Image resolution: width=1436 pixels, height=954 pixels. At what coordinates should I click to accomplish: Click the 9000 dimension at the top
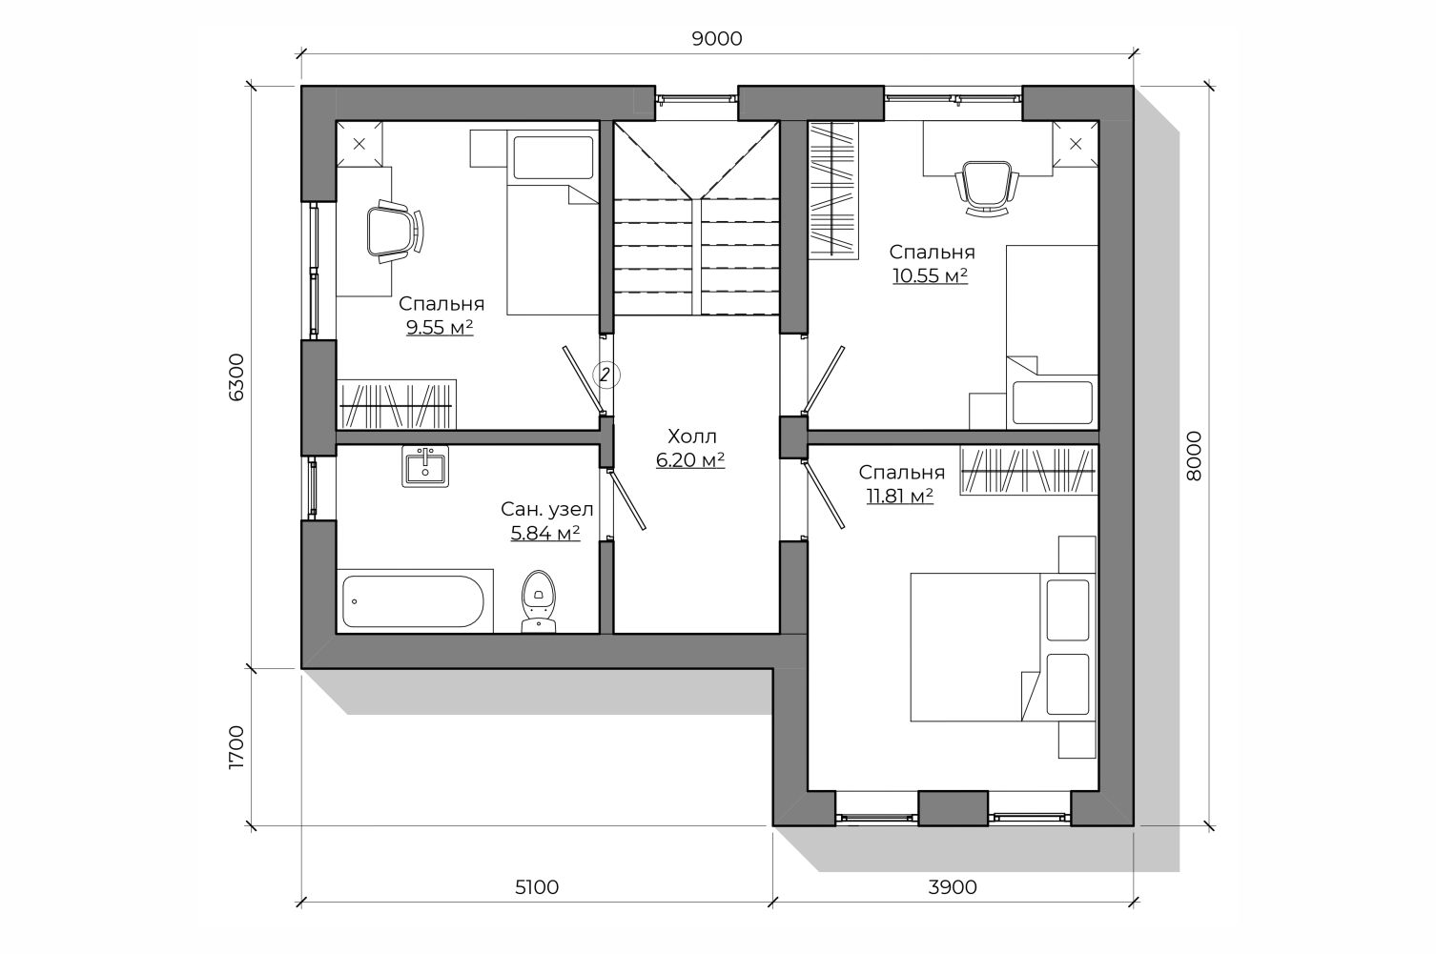pyautogui.click(x=717, y=39)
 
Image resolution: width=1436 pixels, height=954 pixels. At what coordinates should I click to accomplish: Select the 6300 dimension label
pyautogui.click(x=236, y=377)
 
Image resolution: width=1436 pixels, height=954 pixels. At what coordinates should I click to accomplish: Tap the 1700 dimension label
pyautogui.click(x=236, y=747)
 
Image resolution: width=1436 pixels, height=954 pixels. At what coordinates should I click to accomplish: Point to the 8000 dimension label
pyautogui.click(x=1194, y=456)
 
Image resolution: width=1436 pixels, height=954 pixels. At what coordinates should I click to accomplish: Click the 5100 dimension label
pyautogui.click(x=537, y=886)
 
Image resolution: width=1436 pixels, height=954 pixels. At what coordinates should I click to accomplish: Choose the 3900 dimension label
pyautogui.click(x=953, y=886)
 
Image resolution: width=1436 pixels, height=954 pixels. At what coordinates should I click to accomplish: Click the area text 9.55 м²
pyautogui.click(x=440, y=328)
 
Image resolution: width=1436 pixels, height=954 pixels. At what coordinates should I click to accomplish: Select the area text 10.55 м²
pyautogui.click(x=931, y=275)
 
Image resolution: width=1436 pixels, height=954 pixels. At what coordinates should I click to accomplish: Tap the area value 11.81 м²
pyautogui.click(x=900, y=496)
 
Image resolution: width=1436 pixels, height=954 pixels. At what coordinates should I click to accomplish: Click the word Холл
pyautogui.click(x=691, y=436)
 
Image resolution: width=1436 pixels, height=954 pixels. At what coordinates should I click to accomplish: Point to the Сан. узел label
pyautogui.click(x=546, y=510)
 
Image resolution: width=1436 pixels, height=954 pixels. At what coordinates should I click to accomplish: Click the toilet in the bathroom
pyautogui.click(x=539, y=601)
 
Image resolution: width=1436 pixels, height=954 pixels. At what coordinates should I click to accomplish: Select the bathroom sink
pyautogui.click(x=425, y=466)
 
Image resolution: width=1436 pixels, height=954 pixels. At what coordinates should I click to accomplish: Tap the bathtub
pyautogui.click(x=414, y=601)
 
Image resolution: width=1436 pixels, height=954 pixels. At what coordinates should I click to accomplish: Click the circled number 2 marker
pyautogui.click(x=605, y=375)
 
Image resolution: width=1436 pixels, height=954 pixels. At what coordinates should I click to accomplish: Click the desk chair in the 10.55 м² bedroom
pyautogui.click(x=987, y=188)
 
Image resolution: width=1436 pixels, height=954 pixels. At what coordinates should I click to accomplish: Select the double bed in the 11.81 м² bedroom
pyautogui.click(x=1003, y=647)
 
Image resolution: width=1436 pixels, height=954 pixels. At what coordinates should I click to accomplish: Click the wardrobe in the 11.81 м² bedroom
pyautogui.click(x=1028, y=471)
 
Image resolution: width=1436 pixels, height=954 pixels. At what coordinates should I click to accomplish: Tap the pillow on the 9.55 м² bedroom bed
pyautogui.click(x=553, y=157)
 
